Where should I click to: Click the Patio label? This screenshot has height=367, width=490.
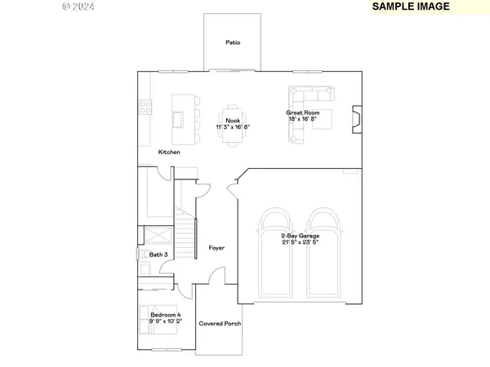(x=233, y=42)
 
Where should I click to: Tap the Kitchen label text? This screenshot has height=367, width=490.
(x=169, y=153)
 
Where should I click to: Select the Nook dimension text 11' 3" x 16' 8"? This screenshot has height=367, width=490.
(x=233, y=127)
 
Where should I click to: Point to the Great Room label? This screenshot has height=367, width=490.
(x=302, y=113)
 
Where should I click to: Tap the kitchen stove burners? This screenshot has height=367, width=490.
(x=145, y=105)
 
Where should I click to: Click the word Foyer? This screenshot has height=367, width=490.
(x=216, y=248)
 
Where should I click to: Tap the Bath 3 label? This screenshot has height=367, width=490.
(x=158, y=254)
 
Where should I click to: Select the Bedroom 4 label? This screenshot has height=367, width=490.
(x=166, y=314)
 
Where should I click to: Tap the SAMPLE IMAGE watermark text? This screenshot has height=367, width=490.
(x=412, y=7)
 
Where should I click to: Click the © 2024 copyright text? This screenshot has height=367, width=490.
(x=79, y=7)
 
